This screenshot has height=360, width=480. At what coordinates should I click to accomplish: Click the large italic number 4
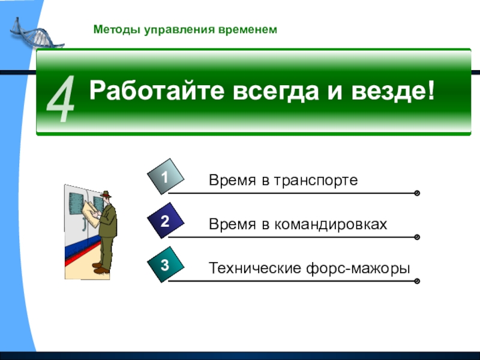click(x=61, y=99)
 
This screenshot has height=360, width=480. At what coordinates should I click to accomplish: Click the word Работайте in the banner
click(x=157, y=90)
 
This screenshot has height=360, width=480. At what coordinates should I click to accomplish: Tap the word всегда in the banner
click(x=275, y=91)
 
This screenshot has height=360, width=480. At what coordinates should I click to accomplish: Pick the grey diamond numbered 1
click(x=166, y=176)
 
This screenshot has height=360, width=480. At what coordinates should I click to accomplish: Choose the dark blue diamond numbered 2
click(x=166, y=220)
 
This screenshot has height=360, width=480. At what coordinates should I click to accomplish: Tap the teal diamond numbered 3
click(x=166, y=265)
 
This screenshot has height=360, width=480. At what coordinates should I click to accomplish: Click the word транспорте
click(x=316, y=181)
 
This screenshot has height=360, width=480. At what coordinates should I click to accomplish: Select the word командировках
click(x=331, y=224)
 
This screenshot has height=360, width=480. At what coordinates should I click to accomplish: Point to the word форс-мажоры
click(x=358, y=269)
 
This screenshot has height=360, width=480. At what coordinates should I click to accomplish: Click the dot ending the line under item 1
click(x=416, y=193)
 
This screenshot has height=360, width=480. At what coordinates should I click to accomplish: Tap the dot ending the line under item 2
click(x=416, y=237)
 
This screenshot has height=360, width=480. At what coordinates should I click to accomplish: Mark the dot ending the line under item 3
click(x=416, y=281)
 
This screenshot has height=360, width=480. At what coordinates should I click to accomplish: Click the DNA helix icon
click(x=36, y=34)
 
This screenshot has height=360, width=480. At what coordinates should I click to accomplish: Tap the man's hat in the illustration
click(x=106, y=194)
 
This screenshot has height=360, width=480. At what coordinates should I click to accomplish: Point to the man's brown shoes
click(x=101, y=268)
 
